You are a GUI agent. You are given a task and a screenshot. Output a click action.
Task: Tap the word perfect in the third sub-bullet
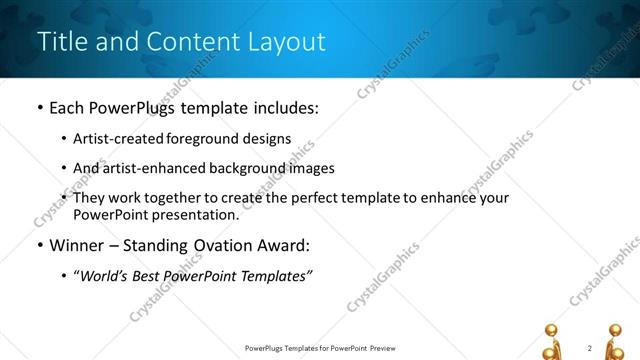coord(296,198)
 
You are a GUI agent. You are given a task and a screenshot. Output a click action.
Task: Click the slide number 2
coord(591,348)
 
